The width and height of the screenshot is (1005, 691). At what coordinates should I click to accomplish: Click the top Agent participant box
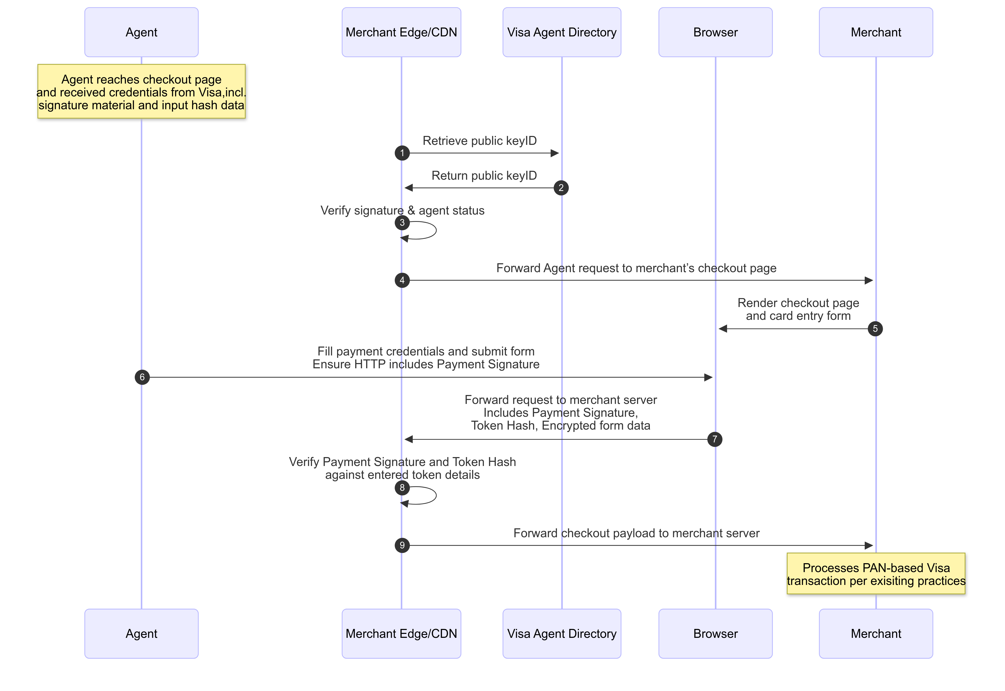point(142,32)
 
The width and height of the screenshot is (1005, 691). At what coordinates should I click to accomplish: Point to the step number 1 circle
point(402,153)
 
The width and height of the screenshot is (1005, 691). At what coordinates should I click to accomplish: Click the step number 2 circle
point(561,188)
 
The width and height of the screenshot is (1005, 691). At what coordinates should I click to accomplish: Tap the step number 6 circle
point(142,377)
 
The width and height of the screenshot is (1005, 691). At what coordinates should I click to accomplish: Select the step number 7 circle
point(715,440)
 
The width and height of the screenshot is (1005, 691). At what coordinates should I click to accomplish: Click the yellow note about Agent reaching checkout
point(142,91)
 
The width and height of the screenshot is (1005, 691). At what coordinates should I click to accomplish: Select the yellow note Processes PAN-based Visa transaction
point(876,574)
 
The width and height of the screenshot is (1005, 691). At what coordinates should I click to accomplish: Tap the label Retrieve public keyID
point(479,141)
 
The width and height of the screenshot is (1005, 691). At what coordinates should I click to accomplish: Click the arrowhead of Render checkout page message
point(723,329)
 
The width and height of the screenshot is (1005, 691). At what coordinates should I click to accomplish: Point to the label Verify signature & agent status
point(402,210)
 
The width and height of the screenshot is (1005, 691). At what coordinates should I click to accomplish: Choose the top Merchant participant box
point(876,32)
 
